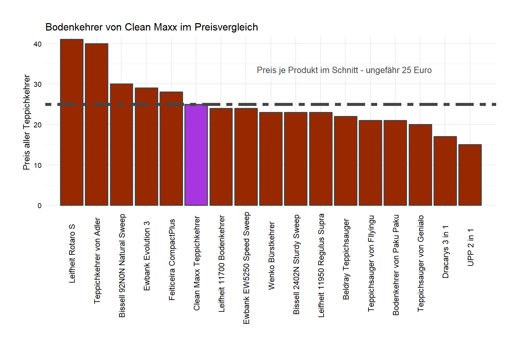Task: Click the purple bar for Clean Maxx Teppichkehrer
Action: [x=196, y=155]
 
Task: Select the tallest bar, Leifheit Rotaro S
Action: [x=72, y=122]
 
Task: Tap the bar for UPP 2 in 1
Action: [x=470, y=175]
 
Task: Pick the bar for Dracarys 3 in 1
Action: [x=445, y=171]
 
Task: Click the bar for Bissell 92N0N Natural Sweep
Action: [x=121, y=144]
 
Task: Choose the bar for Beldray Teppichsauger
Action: [x=345, y=161]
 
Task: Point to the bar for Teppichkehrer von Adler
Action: [x=97, y=124]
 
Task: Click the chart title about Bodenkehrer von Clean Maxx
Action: [x=152, y=27]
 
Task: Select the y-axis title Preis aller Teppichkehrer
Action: [x=26, y=122]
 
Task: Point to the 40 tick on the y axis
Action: [x=38, y=44]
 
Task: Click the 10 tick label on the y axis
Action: [x=38, y=165]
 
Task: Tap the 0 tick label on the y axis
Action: [x=40, y=206]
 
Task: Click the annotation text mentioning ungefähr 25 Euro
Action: [x=344, y=70]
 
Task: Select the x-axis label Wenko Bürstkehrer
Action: [x=271, y=256]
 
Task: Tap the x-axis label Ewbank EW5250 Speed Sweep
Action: [x=246, y=268]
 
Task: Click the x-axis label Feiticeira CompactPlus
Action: [x=172, y=259]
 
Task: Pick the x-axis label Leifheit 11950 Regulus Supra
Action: [x=321, y=265]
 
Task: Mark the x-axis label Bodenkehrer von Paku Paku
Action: [x=396, y=265]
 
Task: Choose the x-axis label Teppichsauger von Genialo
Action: [x=420, y=263]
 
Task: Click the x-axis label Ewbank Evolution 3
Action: [x=147, y=256]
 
